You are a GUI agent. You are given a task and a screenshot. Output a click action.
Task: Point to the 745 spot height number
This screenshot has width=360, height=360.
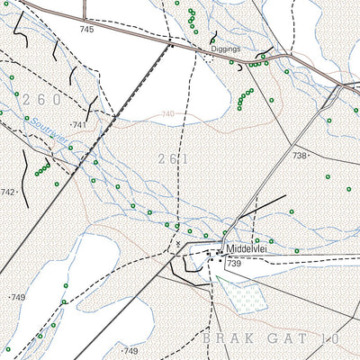85,30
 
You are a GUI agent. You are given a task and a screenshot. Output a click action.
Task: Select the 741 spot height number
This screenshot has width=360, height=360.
79,124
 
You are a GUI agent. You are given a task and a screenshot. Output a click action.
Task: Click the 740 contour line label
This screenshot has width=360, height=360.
167,114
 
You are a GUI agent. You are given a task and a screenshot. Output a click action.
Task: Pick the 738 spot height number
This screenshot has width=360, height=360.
299,156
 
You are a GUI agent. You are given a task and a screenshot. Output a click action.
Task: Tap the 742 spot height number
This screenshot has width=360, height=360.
7,193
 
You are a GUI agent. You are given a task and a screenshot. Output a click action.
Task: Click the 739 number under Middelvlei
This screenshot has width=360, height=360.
234,263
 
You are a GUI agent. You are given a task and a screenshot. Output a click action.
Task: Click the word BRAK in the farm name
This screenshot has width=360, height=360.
222,337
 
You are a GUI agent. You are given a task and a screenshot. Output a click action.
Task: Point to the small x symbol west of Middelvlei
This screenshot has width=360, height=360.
179,243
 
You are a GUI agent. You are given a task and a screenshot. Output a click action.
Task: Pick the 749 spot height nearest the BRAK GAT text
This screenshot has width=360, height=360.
130,350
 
